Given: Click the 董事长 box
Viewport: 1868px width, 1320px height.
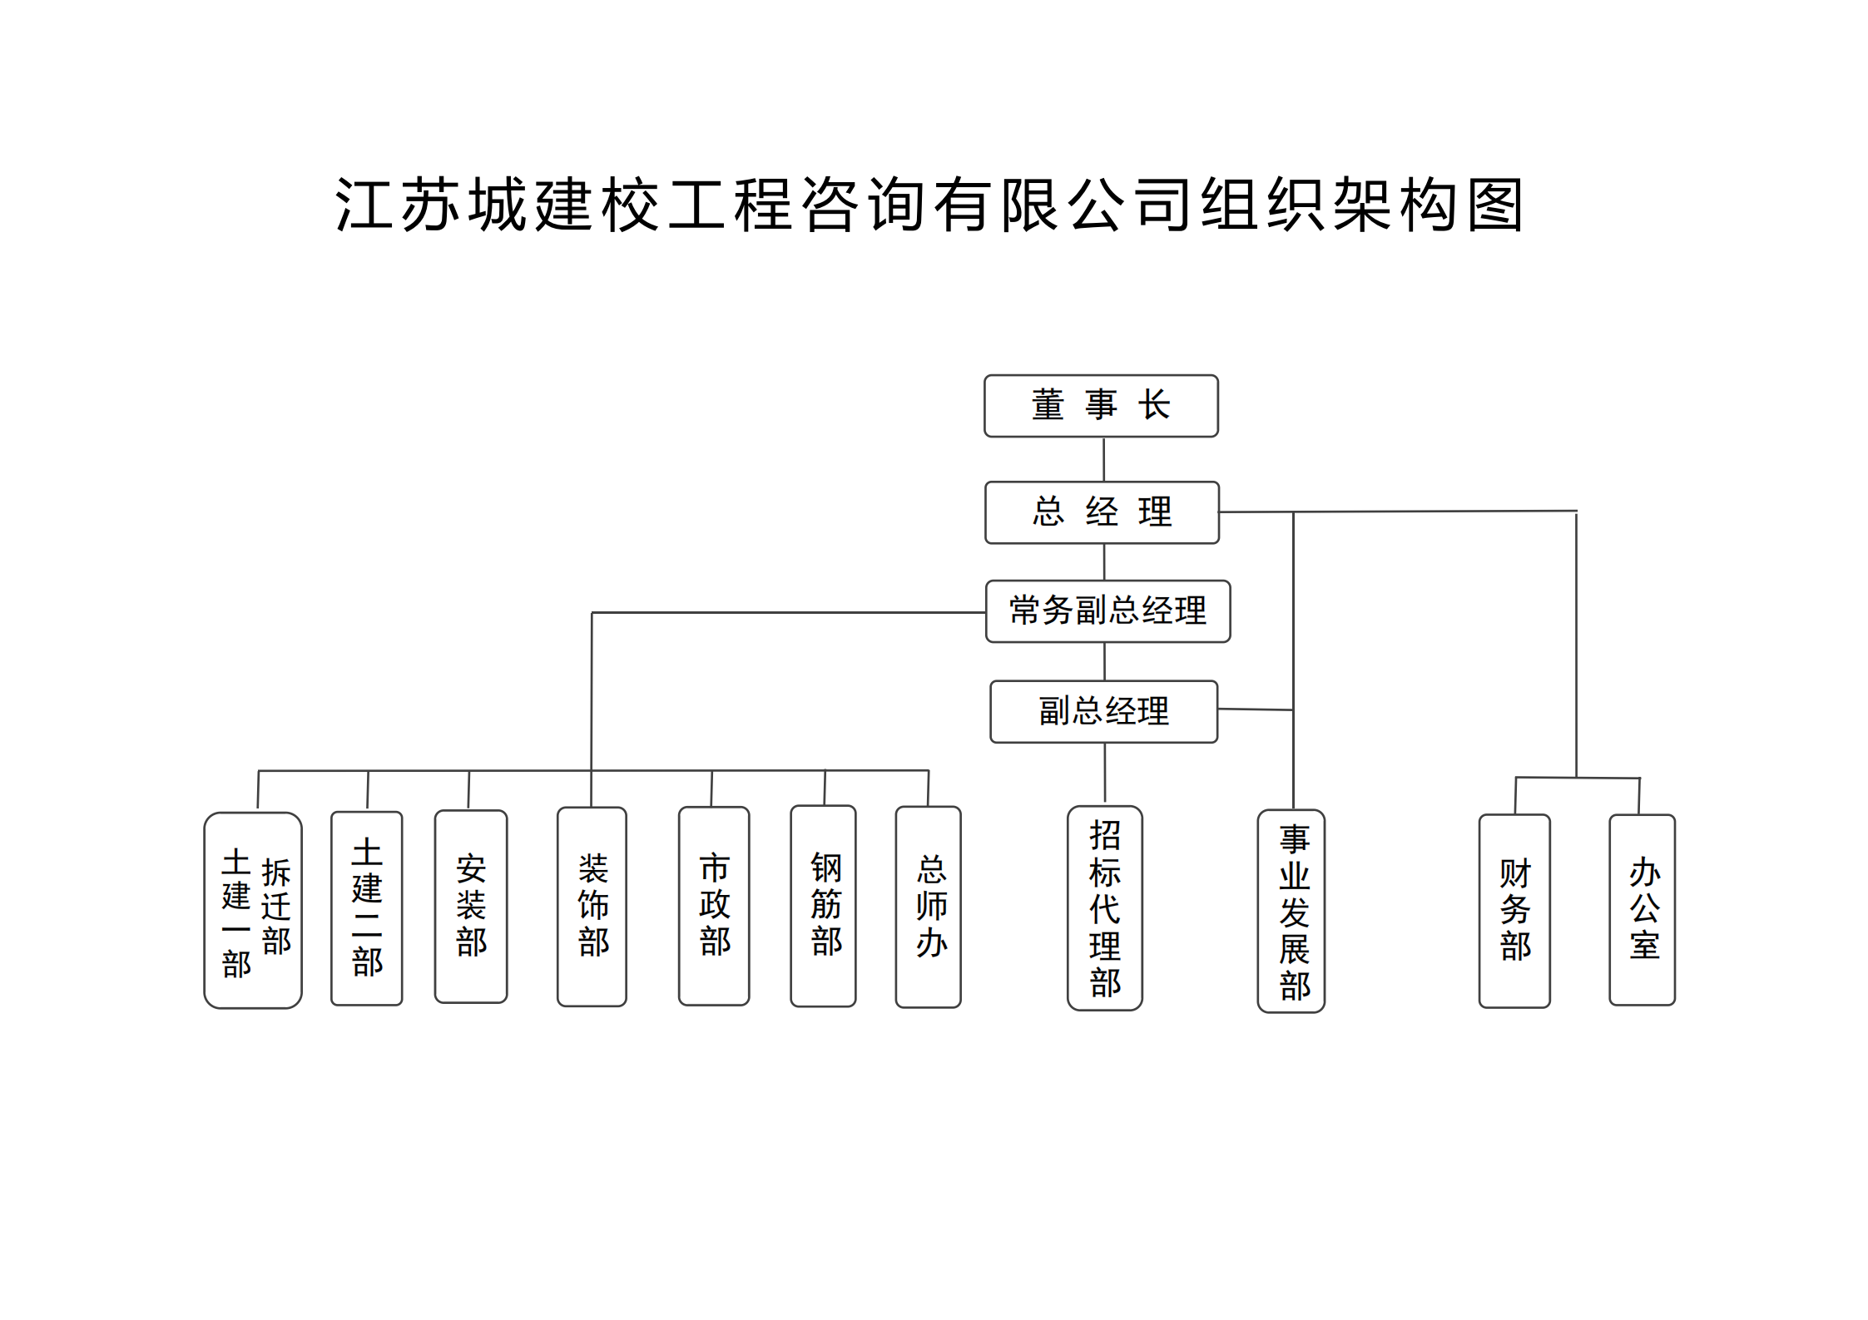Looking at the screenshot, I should coord(1100,406).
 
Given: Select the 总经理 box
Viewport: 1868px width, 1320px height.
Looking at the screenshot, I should coord(1102,512).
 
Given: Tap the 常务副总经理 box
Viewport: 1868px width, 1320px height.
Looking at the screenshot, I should coord(1107,611).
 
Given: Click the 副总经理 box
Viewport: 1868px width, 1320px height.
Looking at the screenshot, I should coord(1103,712).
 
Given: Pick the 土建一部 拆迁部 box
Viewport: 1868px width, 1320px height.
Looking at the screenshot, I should coord(253,910).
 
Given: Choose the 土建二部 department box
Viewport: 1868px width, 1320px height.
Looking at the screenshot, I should coord(366,908).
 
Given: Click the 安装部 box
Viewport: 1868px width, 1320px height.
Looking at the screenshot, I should coord(471,907).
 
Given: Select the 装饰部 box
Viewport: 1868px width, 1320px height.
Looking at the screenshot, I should coord(592,907).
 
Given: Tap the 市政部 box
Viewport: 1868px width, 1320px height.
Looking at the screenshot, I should coord(714,906).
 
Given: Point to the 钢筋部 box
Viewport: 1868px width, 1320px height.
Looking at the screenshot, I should coord(823,906).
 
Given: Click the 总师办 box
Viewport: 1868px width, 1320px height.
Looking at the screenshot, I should coord(928,907).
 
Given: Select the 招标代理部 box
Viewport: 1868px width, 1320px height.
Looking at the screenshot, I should coord(1104,908).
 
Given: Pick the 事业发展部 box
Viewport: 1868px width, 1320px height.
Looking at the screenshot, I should coord(1291,912).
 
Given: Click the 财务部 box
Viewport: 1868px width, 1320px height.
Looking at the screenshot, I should coord(1514,911).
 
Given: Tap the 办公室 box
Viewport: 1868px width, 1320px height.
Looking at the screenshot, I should coord(1642,910).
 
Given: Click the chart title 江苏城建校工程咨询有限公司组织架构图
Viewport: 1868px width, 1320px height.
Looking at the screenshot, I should coord(929,205).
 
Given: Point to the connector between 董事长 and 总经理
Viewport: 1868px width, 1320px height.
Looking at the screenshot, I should coord(1103,459).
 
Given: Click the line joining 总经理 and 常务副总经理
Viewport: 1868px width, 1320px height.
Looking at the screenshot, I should coord(1104,562).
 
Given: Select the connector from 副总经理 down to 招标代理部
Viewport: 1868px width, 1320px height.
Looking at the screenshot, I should coord(1105,774).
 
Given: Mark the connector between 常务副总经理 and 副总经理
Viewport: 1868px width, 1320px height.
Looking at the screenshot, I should coord(1104,662).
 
